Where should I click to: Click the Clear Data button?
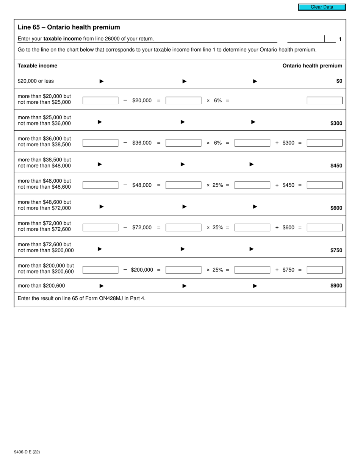tap(322, 7)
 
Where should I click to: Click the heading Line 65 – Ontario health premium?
tap(69, 27)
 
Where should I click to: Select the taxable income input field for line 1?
tap(306, 39)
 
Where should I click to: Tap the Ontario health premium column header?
tap(312, 66)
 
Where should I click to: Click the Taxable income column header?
tap(38, 66)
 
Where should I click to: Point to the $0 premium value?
tap(339, 81)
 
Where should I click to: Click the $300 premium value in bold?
tap(336, 123)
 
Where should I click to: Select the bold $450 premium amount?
tap(336, 166)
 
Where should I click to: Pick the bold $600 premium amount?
tap(336, 208)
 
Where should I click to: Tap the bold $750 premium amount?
tap(336, 250)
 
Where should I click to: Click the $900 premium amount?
tap(336, 286)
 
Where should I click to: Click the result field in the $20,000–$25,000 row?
tap(324, 100)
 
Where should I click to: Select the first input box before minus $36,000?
tap(100, 143)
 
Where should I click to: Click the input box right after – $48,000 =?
tap(183, 185)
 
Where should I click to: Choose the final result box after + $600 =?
tap(324, 228)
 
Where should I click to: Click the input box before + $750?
tap(252, 270)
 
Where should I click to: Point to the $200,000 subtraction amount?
tap(142, 270)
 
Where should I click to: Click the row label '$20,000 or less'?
tap(36, 81)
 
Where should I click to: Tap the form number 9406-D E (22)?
tap(27, 452)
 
